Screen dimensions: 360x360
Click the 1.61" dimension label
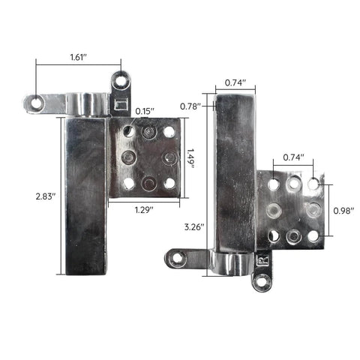78,57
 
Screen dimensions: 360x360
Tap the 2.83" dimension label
46,196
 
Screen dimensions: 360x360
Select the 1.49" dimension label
190,158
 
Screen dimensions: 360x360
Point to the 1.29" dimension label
144,210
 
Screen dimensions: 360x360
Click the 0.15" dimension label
145,111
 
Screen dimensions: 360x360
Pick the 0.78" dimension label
190,106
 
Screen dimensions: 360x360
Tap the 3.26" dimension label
194,227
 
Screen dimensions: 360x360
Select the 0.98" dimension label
343,211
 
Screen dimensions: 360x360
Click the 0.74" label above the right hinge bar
235,82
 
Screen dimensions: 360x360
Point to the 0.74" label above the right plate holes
293,157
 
